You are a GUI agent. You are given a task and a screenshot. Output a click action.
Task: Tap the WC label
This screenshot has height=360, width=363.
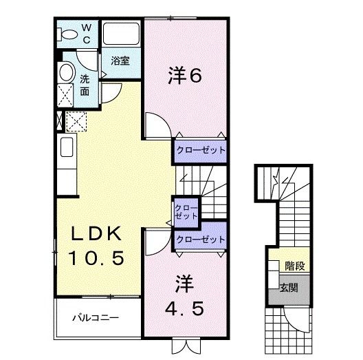point(87,34)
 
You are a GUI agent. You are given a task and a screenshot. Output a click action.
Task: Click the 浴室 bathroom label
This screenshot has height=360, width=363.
point(121,61)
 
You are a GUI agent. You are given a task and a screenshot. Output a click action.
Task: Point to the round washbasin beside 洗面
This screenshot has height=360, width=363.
point(67,72)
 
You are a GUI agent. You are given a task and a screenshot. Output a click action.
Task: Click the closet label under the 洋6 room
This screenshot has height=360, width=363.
point(199,149)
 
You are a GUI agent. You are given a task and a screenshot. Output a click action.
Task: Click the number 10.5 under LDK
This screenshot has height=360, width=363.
point(96,259)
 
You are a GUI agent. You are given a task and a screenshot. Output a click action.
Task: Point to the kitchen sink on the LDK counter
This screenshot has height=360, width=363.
point(67,146)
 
